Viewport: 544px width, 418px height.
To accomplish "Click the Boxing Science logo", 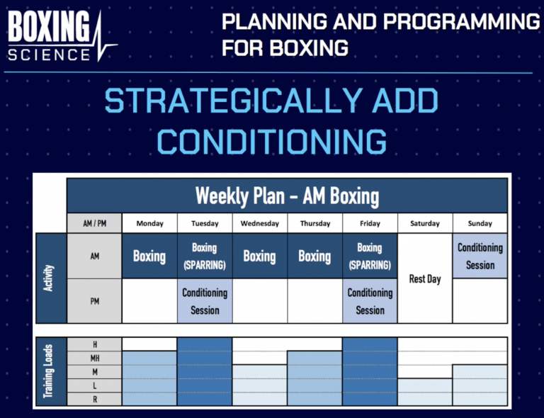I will pos(60,35).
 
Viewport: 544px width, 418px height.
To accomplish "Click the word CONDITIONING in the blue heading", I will pos(273,140).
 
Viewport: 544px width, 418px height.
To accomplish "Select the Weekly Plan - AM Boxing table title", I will pos(287,195).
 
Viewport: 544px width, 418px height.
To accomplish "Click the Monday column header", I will pos(149,223).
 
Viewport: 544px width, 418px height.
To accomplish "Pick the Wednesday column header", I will pos(260,223).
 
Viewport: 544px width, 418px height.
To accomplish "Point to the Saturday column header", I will pos(425,223).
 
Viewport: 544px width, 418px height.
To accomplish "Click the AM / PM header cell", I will pos(95,223).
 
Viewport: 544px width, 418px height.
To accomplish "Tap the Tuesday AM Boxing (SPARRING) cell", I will pos(205,256).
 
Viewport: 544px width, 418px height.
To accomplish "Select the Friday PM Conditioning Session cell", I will pos(370,301).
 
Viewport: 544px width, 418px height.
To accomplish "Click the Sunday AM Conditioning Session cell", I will pos(480,256).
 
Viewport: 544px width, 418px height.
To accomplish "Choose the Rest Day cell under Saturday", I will pos(425,279).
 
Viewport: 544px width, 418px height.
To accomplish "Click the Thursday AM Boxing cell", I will pos(314,256).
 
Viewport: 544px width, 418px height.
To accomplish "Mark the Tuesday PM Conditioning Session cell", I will pos(205,301).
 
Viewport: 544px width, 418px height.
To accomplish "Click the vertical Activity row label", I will pos(50,278).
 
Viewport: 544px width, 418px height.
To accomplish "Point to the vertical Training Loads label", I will pos(50,372).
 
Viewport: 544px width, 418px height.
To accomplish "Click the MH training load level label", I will pos(95,358).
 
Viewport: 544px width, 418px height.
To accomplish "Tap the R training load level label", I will pos(95,400).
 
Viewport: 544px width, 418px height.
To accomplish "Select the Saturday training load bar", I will pos(425,392).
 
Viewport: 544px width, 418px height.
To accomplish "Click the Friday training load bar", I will pos(370,372).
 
